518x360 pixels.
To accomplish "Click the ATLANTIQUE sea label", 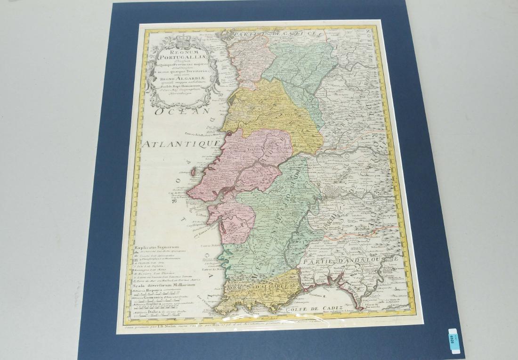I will (x=182, y=143).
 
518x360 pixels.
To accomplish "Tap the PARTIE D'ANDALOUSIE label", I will (x=351, y=260).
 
